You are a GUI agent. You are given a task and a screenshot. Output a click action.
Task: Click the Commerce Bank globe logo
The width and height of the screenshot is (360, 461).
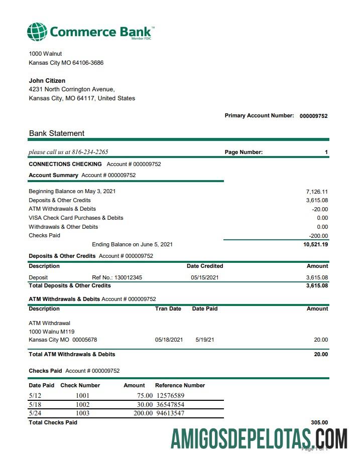click(x=37, y=32)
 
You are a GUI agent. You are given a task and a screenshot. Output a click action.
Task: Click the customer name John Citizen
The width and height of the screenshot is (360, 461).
click(x=47, y=81)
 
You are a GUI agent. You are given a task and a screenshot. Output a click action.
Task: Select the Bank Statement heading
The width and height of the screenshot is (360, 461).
click(x=57, y=133)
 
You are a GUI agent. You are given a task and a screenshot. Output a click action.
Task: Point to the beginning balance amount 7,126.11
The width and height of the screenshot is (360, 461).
click(x=317, y=192)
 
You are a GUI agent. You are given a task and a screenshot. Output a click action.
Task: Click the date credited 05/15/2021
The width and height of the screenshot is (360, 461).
click(x=204, y=277)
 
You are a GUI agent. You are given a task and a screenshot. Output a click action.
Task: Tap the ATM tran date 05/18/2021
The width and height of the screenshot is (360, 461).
click(x=169, y=340)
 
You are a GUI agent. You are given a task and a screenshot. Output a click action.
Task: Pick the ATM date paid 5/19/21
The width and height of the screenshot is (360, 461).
click(x=205, y=340)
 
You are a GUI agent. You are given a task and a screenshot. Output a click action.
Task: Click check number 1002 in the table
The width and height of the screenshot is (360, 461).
click(x=82, y=404)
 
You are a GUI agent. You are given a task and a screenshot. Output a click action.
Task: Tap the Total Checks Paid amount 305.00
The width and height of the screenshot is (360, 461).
click(x=319, y=423)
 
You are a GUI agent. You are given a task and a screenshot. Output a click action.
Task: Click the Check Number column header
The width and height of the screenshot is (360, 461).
click(x=80, y=385)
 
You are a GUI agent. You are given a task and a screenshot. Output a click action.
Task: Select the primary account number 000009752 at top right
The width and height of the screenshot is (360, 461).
click(x=313, y=116)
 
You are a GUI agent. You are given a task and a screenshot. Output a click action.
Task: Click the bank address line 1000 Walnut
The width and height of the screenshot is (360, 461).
click(x=46, y=54)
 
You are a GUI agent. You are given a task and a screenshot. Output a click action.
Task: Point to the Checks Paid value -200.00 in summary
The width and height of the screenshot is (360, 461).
click(x=318, y=236)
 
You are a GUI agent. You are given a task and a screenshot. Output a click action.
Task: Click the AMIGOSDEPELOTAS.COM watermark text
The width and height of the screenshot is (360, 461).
click(x=259, y=439)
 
